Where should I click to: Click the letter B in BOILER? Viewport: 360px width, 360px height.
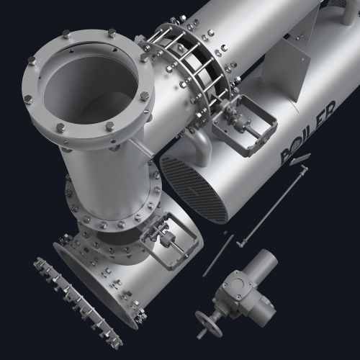point(287,157)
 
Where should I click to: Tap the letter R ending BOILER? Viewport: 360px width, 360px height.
point(330,109)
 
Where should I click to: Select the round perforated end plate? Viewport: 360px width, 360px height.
point(194,189)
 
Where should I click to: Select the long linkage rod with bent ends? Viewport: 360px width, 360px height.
point(272,206)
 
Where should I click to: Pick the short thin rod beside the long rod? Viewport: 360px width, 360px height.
point(218,256)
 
